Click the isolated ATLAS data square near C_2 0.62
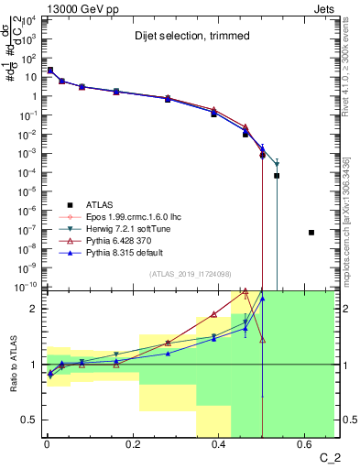pos(311,233)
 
